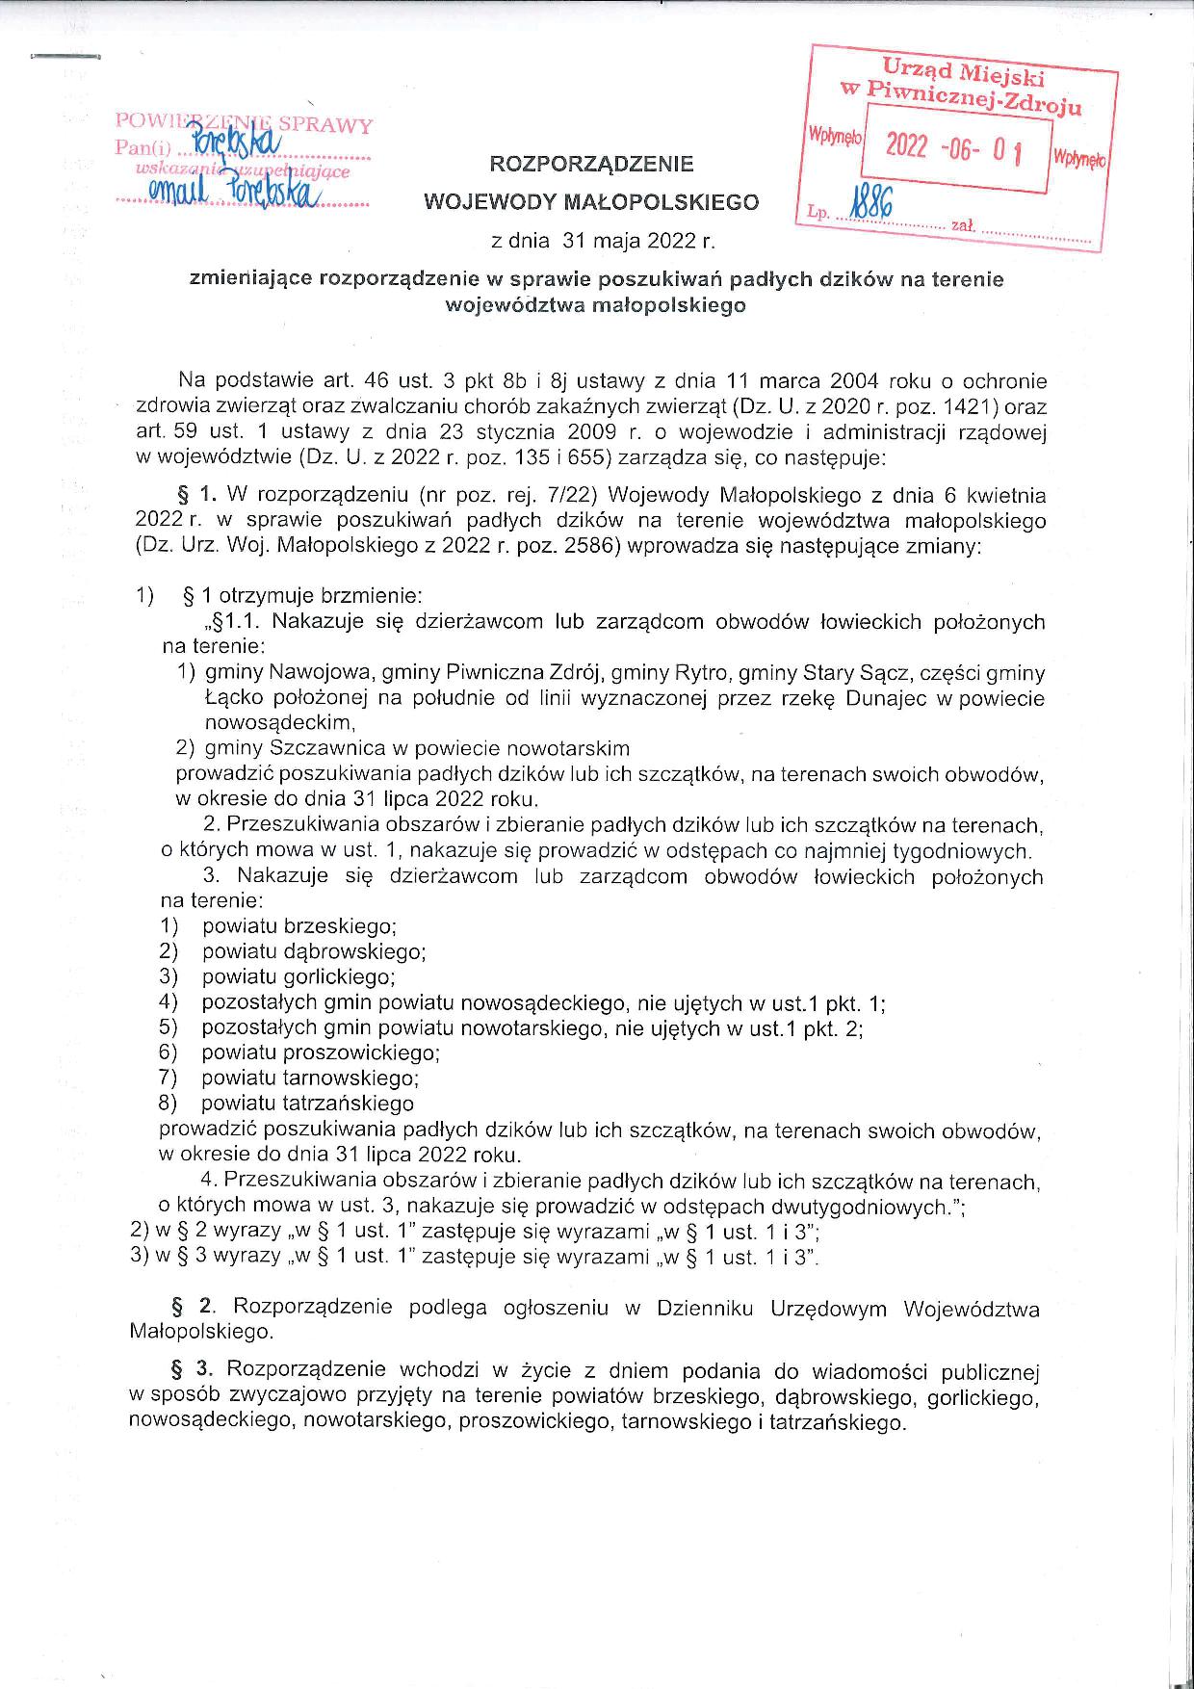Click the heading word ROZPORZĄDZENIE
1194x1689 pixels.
(x=591, y=165)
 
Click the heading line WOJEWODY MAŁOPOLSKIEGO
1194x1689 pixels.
(x=591, y=202)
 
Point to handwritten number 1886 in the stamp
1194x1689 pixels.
(x=868, y=205)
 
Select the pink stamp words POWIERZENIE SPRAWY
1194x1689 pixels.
(x=244, y=124)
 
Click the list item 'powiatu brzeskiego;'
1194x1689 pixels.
(x=299, y=926)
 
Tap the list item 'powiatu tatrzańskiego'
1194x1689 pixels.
(x=308, y=1104)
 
